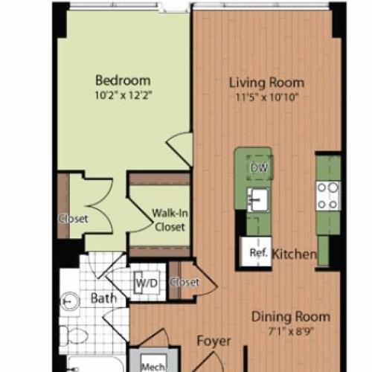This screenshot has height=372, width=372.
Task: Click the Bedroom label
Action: (x=123, y=80)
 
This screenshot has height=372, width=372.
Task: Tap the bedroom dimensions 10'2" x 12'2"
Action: (x=124, y=95)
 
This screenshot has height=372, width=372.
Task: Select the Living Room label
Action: (x=266, y=83)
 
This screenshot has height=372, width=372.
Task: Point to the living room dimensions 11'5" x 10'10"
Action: (x=266, y=97)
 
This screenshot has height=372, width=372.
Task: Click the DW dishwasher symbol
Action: (x=260, y=168)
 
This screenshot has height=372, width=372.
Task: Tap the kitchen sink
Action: (x=258, y=199)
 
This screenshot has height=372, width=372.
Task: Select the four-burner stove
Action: (x=328, y=196)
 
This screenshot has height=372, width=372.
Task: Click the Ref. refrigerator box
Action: (x=256, y=252)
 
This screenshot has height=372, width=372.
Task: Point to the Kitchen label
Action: (x=295, y=254)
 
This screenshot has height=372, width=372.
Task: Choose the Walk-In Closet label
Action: (x=170, y=220)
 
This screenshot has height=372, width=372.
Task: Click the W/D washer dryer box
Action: (x=147, y=283)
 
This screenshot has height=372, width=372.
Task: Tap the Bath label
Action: (x=103, y=298)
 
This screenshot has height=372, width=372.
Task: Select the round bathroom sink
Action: (x=70, y=301)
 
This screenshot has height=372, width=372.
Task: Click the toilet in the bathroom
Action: (x=74, y=336)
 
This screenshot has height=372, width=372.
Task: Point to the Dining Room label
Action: (x=291, y=317)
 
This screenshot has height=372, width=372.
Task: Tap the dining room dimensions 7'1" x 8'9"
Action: (x=291, y=331)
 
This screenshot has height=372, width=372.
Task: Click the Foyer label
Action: (x=214, y=341)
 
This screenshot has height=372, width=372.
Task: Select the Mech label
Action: (x=153, y=367)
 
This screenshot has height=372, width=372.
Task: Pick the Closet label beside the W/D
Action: (x=185, y=282)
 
